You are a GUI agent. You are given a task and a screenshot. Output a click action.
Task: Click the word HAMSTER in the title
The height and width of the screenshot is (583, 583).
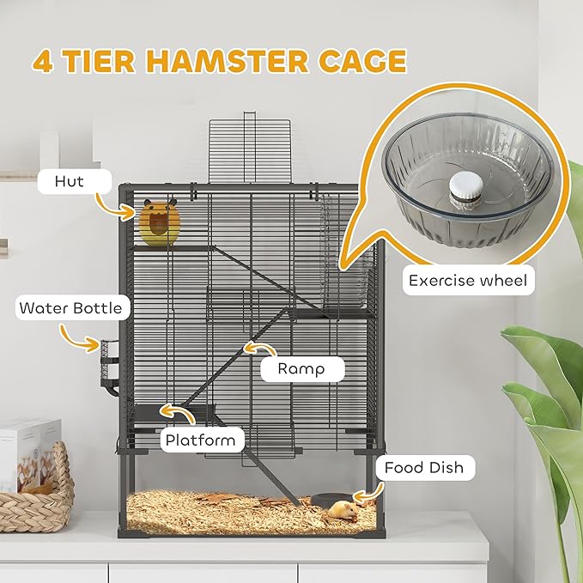(230, 62)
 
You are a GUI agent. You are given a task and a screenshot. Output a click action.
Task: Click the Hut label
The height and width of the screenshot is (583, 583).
(69, 180)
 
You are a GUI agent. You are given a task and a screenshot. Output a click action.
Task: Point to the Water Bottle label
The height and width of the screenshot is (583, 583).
(70, 307)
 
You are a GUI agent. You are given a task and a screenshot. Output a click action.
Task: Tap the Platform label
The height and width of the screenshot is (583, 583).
(201, 440)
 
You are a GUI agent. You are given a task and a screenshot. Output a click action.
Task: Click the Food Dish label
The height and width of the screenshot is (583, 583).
(423, 468)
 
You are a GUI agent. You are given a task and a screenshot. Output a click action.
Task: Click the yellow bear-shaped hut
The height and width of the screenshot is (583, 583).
(160, 223)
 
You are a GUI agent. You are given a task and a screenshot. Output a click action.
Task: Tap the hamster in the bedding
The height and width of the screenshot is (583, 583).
(343, 510)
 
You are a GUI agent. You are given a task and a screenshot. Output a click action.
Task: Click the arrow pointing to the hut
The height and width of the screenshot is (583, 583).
(112, 204)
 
